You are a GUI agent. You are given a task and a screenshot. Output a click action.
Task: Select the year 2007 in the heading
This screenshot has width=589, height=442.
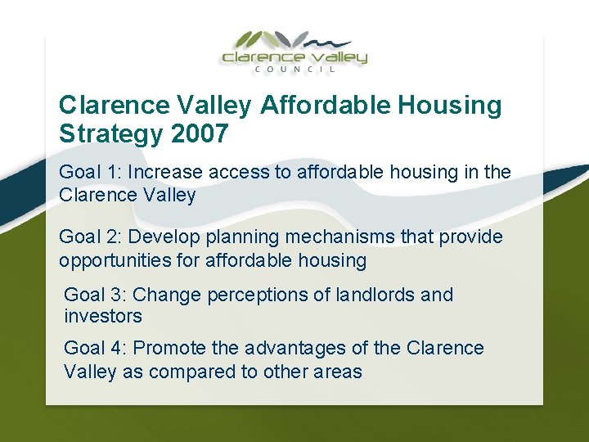pyautogui.click(x=200, y=133)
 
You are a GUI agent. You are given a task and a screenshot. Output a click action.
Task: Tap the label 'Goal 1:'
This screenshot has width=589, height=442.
pyautogui.click(x=89, y=173)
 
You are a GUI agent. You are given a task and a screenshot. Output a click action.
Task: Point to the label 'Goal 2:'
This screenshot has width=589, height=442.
pyautogui.click(x=89, y=237)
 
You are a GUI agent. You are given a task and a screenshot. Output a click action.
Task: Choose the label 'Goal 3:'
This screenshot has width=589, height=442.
pyautogui.click(x=94, y=295)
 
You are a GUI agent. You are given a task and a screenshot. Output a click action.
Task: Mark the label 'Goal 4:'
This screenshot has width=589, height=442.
pyautogui.click(x=94, y=348)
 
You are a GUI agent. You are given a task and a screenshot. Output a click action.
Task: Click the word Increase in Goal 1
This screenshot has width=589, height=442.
pyautogui.click(x=164, y=173)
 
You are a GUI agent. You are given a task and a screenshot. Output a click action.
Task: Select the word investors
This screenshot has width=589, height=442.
pyautogui.click(x=102, y=316)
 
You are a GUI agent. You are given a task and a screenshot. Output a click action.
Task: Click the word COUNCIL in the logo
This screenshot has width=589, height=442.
pyautogui.click(x=294, y=70)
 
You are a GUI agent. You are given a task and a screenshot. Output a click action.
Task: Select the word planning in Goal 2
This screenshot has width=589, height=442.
pyautogui.click(x=242, y=237)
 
